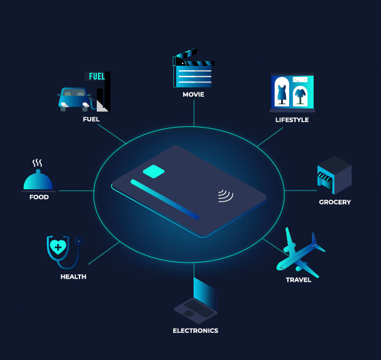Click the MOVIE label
coord(194,94)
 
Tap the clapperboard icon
coord(194,68)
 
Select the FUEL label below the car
coord(91,119)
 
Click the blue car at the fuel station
coord(74,99)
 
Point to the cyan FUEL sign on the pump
coord(97,76)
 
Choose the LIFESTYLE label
coord(292,120)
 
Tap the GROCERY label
coord(335,202)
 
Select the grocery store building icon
coord(334,175)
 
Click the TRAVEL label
coord(298,280)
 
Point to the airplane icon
coord(300,253)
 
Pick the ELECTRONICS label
coord(195,330)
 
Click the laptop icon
coord(196,301)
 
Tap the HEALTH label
coord(73,277)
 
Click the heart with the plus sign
coord(58,247)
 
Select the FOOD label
coord(39,197)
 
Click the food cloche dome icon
coord(38,180)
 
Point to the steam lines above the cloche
coord(38,163)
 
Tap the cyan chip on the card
coord(154,171)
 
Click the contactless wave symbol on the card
coord(225,195)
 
